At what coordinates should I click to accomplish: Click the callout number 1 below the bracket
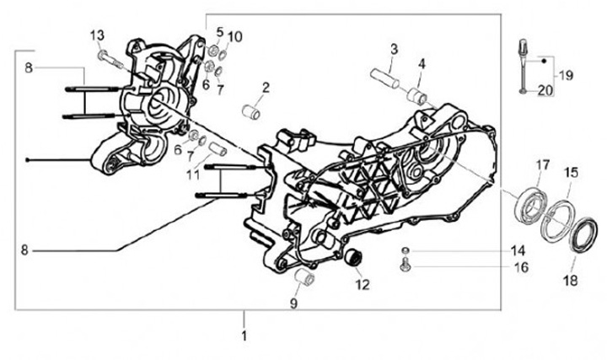[244, 336]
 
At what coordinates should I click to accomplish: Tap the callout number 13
[98, 35]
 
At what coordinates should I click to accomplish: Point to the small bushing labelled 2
[250, 110]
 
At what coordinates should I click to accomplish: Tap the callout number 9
[295, 302]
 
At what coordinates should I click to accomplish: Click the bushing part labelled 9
[308, 278]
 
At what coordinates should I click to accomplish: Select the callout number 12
[363, 283]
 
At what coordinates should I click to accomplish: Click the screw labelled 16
[407, 266]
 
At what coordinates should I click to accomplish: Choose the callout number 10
[235, 36]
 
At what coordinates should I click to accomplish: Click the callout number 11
[193, 175]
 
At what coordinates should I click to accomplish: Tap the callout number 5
[220, 31]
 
